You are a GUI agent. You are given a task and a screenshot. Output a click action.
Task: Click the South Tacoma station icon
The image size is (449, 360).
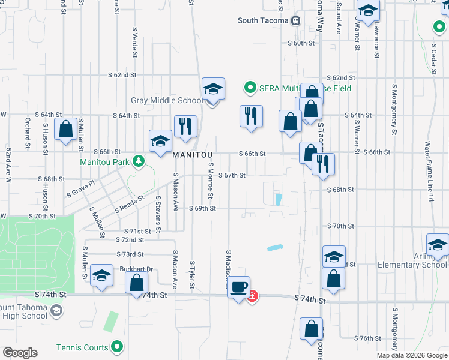(295, 21)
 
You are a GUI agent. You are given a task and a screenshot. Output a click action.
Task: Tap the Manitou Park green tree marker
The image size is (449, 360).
(139, 161)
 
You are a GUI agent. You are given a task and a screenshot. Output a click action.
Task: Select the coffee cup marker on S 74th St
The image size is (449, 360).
(240, 287)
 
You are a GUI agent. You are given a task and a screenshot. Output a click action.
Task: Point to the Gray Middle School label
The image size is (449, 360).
(167, 100)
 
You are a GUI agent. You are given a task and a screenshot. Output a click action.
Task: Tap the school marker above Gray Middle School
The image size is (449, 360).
(213, 89)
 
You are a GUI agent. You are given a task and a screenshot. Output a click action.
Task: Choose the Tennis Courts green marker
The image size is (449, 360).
(118, 347)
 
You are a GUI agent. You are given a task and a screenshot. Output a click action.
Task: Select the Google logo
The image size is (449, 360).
(20, 353)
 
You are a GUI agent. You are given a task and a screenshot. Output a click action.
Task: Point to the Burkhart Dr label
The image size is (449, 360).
(136, 269)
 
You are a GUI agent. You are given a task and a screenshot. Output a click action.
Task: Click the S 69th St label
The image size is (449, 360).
(202, 208)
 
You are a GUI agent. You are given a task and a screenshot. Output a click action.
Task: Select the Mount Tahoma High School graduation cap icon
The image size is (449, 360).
(56, 310)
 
